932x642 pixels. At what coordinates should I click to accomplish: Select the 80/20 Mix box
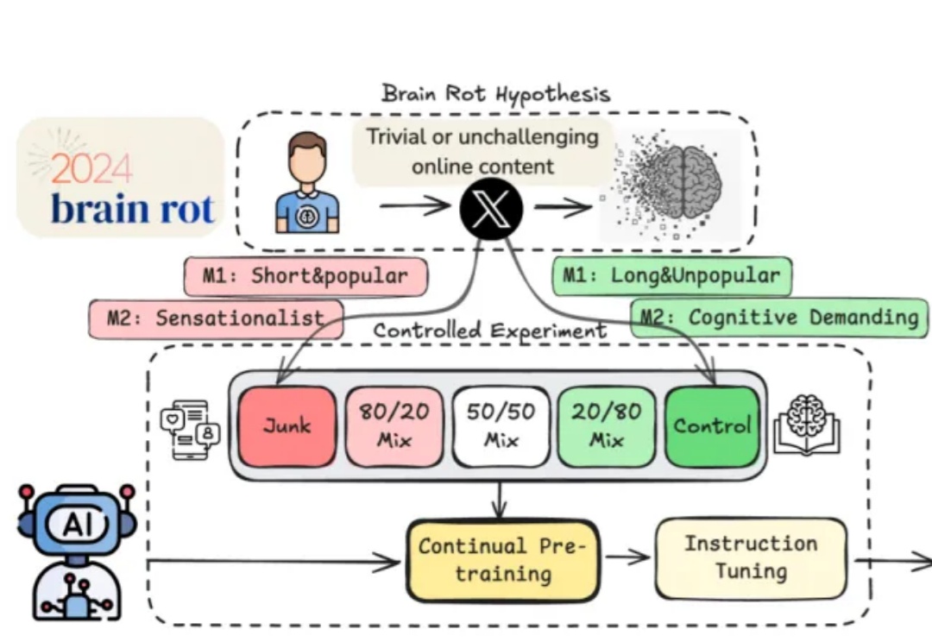coord(394,426)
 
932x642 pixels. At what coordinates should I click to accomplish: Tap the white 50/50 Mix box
coord(501,426)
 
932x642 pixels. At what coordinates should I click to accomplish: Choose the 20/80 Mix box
coord(607,426)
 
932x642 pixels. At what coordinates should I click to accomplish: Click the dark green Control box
coord(712,426)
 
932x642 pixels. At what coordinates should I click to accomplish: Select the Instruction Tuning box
coord(751,557)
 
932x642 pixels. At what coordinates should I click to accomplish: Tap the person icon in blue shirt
coord(306,183)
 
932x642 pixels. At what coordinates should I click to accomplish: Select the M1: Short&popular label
coord(306,276)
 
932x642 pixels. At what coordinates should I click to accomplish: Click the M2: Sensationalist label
coord(216,318)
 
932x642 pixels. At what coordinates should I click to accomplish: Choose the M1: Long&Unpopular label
coord(671,275)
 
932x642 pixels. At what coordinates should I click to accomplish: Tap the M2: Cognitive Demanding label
coord(780,318)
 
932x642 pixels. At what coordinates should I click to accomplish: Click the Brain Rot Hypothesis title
coord(495,93)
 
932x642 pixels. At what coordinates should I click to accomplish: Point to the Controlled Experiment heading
coord(489,330)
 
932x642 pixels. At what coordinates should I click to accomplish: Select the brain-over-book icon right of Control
coord(806,425)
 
